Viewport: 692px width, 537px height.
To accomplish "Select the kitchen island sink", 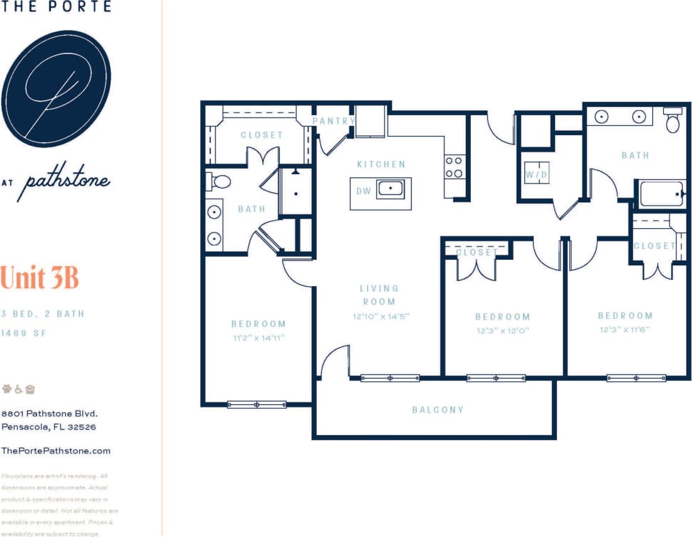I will tap(390, 189).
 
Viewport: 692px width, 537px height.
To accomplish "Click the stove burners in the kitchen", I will tap(454, 167).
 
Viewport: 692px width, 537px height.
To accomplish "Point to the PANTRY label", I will tap(334, 121).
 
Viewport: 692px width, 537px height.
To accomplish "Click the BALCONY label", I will tap(438, 409).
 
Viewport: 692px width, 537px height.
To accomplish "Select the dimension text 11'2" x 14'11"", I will tap(258, 338).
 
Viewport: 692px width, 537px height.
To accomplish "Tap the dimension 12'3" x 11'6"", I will tap(625, 329).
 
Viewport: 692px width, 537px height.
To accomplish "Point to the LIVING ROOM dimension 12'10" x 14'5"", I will tap(381, 316).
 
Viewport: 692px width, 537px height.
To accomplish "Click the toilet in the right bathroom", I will tap(673, 120).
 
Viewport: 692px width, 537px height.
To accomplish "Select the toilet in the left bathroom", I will tap(219, 182).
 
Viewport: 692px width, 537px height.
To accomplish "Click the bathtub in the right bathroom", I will tap(661, 194).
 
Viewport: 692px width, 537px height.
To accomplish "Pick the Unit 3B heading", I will tap(40, 277).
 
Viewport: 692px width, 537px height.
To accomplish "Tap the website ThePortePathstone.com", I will tap(56, 450).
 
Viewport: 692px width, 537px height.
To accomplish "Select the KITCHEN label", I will tap(381, 164).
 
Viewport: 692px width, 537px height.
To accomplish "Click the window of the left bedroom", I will tap(256, 404).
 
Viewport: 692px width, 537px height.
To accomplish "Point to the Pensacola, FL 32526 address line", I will tap(48, 427).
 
